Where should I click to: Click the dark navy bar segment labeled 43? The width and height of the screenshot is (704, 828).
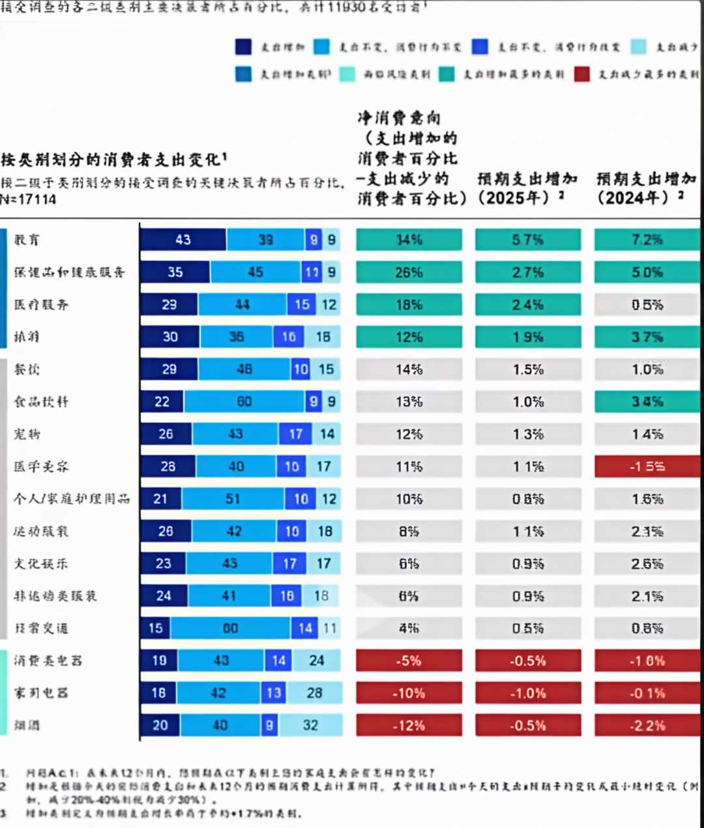tap(183, 240)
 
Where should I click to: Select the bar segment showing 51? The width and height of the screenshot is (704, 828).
tap(233, 499)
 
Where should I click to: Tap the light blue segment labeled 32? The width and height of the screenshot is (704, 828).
tap(310, 725)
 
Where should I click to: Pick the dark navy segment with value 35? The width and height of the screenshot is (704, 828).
tap(175, 272)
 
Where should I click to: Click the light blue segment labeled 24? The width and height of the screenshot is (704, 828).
tap(316, 661)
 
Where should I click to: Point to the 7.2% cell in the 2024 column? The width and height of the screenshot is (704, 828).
tap(647, 240)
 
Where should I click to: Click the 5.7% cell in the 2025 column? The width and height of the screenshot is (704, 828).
tap(527, 240)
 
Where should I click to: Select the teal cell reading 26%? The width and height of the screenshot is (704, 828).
tap(409, 272)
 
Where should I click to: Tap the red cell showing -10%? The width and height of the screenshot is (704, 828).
tap(409, 693)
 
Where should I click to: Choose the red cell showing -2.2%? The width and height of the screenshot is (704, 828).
tap(647, 726)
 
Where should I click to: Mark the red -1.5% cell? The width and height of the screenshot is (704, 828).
tap(647, 466)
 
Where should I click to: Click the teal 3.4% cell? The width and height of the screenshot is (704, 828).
tap(647, 402)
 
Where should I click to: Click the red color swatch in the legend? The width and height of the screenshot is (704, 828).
tap(582, 74)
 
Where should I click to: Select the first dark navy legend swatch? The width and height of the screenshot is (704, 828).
tap(243, 47)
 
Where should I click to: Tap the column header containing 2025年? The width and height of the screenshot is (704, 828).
tap(527, 188)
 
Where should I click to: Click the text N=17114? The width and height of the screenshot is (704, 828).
tap(29, 199)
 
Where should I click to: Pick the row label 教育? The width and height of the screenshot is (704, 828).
tap(27, 240)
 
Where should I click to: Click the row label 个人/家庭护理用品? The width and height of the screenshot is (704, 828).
tap(72, 499)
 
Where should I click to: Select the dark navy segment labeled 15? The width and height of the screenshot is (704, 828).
tap(156, 629)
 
